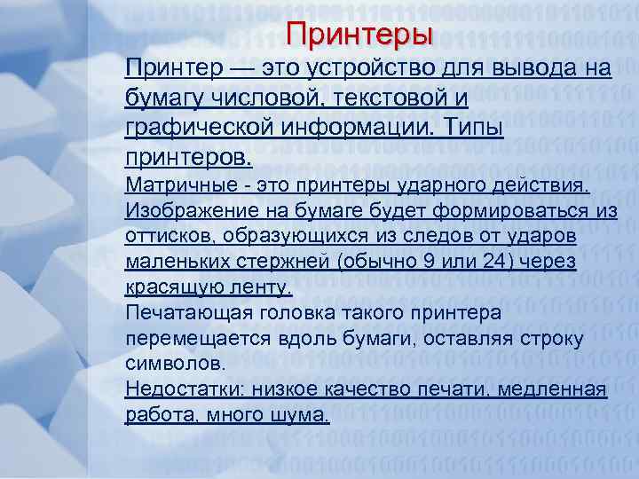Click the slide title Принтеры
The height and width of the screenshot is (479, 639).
pyautogui.click(x=359, y=35)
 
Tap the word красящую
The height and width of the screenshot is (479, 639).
pyautogui.click(x=168, y=287)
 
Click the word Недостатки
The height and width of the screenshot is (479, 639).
pyautogui.click(x=183, y=389)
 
